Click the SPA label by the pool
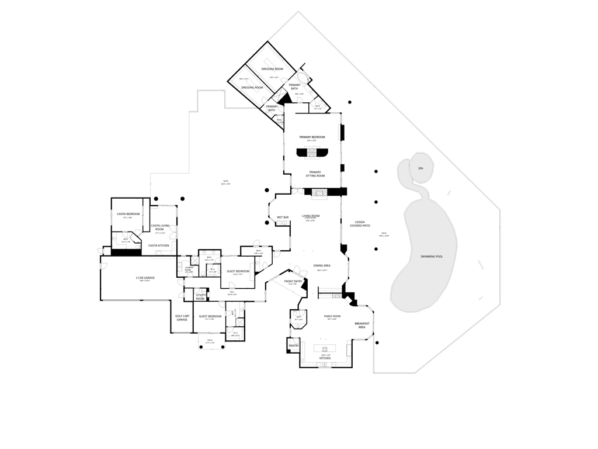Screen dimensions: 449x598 tap(420, 168)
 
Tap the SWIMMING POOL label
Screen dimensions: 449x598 tap(432, 257)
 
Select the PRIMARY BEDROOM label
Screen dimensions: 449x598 tap(312, 137)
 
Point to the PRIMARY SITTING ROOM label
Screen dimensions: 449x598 tap(315, 174)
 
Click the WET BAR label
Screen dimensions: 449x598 tap(283, 217)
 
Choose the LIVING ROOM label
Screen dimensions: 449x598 tap(311, 216)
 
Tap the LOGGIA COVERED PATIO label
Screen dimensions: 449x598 tap(360, 224)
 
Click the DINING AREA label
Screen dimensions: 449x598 tap(322, 265)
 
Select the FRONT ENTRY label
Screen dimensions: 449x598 tap(293, 281)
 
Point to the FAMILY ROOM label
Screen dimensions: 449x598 tap(332, 316)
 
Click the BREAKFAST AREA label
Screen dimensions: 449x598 tap(361, 325)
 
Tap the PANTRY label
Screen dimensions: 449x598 tap(294, 346)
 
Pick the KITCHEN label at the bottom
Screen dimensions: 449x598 tap(333, 358)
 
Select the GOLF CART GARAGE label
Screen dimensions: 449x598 tap(182, 318)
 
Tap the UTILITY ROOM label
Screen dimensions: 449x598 tap(200, 297)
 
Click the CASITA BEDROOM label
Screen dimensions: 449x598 tap(128, 214)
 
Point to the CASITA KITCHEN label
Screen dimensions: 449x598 tap(158, 246)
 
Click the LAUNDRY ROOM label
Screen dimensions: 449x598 tap(189, 268)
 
